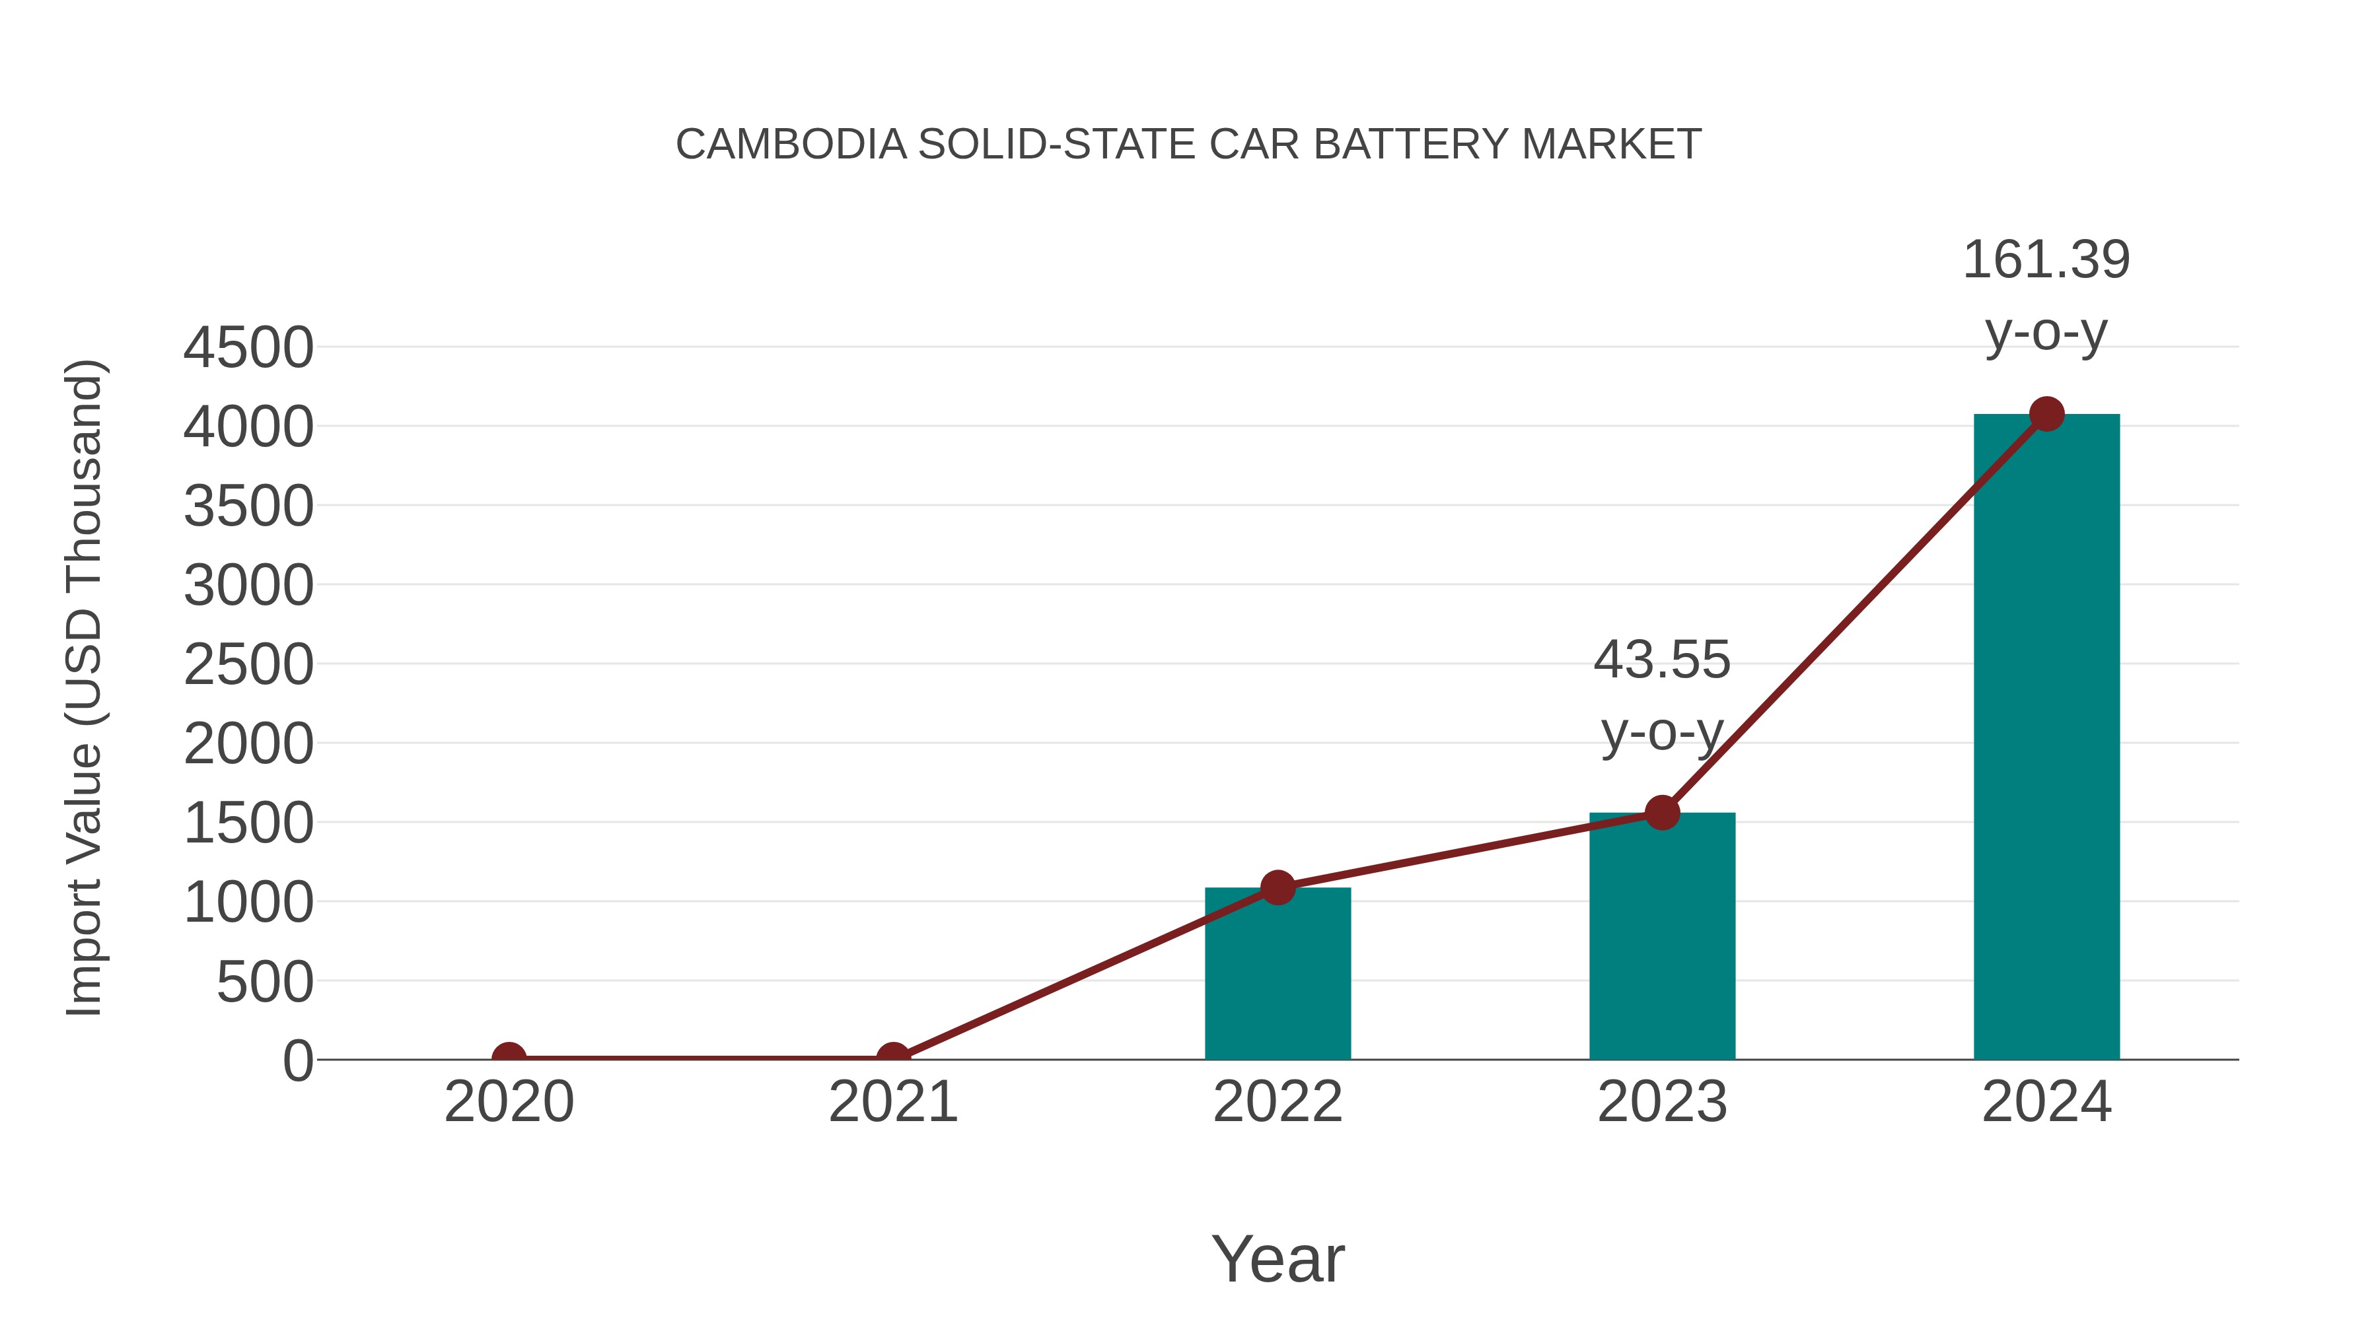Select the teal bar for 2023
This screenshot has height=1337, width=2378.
(x=1662, y=936)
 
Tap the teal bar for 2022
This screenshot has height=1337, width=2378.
(x=1278, y=973)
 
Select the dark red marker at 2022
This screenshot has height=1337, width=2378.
(x=1278, y=887)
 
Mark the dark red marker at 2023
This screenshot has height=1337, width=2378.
(x=1662, y=813)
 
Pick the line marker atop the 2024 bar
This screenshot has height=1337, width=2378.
(x=2046, y=414)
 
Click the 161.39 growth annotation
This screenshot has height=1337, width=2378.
(x=2046, y=294)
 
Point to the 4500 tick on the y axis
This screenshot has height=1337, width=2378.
(x=248, y=349)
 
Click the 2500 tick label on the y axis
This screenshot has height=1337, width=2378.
(x=248, y=666)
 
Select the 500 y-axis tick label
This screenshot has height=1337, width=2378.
(x=265, y=982)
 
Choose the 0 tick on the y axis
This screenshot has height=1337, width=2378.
(x=298, y=1060)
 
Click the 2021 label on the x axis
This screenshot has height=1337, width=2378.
(x=892, y=1102)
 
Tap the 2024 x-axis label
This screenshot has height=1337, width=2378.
(x=2046, y=1102)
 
